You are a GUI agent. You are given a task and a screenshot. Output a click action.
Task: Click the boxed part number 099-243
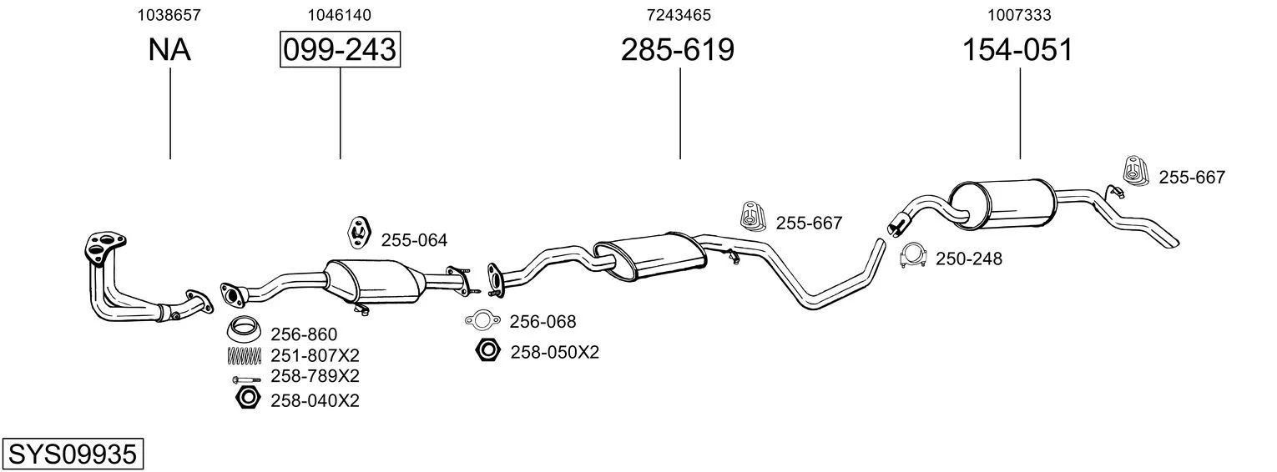pyautogui.click(x=340, y=49)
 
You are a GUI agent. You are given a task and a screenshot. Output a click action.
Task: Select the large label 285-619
pyautogui.click(x=677, y=49)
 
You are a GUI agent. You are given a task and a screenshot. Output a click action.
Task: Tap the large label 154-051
pyautogui.click(x=1017, y=49)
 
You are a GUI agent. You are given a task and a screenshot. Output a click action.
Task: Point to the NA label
pyautogui.click(x=169, y=49)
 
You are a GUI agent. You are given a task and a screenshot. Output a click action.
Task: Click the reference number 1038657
pyautogui.click(x=169, y=15)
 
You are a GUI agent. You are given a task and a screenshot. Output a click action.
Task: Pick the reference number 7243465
pyautogui.click(x=679, y=15)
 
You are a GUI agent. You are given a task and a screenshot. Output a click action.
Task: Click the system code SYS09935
pyautogui.click(x=73, y=454)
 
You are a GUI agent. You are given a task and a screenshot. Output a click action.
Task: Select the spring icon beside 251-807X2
pyautogui.click(x=244, y=355)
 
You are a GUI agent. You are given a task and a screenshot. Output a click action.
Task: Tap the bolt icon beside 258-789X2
pyautogui.click(x=246, y=379)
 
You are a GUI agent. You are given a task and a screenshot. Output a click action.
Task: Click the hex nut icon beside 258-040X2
pyautogui.click(x=248, y=398)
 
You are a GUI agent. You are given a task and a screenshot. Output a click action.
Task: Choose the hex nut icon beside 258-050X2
pyautogui.click(x=487, y=350)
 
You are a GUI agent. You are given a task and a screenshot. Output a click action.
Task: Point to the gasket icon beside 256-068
pyautogui.click(x=483, y=320)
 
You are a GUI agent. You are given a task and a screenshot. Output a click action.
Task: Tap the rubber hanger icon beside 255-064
pyautogui.click(x=359, y=231)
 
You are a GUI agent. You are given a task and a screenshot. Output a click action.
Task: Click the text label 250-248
pyautogui.click(x=968, y=259)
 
